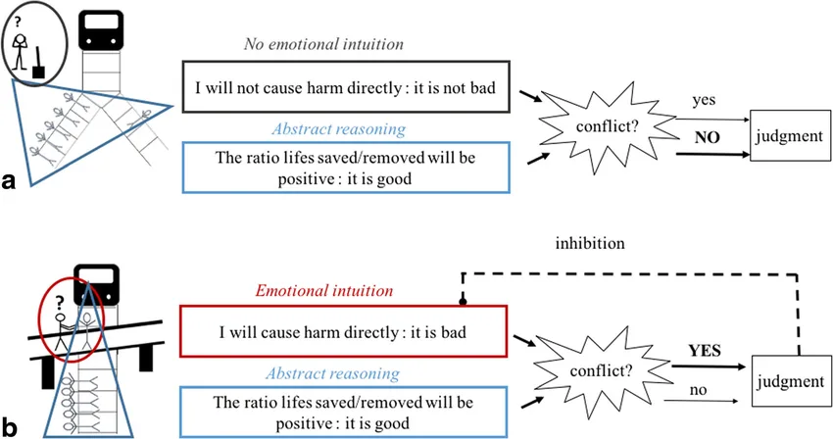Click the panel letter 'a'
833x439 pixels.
click(x=9, y=181)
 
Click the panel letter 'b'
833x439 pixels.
click(x=9, y=426)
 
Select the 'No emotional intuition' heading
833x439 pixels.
click(x=323, y=43)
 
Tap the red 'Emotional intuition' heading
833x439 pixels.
click(x=324, y=290)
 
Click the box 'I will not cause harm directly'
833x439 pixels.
click(x=346, y=86)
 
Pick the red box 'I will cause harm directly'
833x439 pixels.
click(x=343, y=331)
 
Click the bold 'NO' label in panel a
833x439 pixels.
click(x=708, y=137)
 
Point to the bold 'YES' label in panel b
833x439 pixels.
click(x=705, y=351)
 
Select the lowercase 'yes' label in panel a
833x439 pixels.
click(x=704, y=101)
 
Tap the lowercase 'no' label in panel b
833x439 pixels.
click(x=698, y=390)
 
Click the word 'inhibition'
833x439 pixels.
click(x=590, y=243)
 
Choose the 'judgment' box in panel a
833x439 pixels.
click(x=790, y=135)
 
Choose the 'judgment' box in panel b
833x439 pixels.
click(x=790, y=381)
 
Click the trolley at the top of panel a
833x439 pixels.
click(x=101, y=29)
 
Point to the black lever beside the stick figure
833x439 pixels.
click(x=38, y=64)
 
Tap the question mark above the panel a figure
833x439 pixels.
click(x=18, y=22)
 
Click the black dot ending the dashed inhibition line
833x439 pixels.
click(x=463, y=302)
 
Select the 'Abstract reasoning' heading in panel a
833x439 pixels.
click(x=339, y=129)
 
